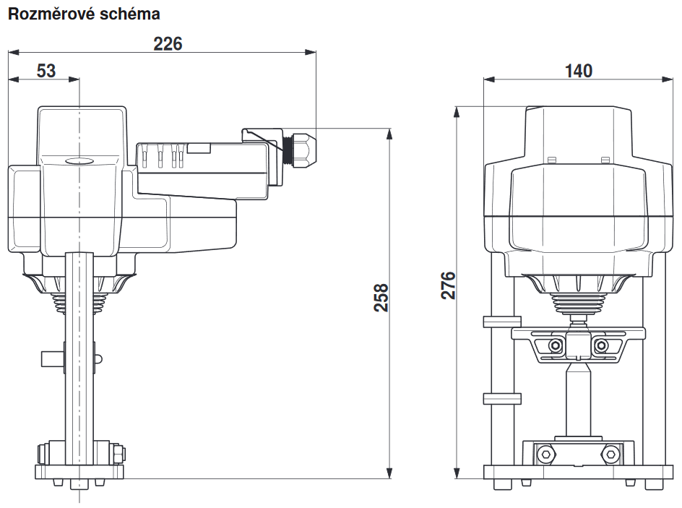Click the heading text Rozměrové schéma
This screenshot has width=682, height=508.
[x=83, y=14]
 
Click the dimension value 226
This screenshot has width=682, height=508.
[x=168, y=43]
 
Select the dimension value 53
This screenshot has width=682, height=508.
[x=46, y=71]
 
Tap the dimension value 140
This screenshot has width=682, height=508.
[x=579, y=71]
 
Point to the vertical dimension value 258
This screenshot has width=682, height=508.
[x=381, y=297]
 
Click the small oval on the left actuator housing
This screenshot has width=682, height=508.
[x=79, y=163]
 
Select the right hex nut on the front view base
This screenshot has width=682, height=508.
[x=611, y=455]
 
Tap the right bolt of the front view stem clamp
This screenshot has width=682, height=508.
[x=600, y=346]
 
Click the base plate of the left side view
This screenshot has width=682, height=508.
[x=79, y=472]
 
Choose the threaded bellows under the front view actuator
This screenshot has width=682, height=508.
[x=578, y=306]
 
